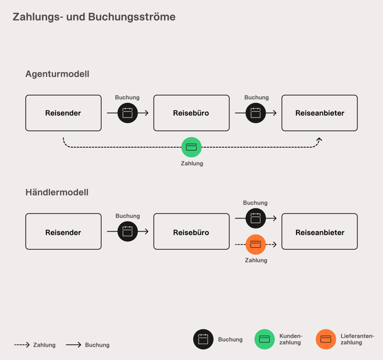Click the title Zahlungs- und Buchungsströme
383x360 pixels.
[x=94, y=17]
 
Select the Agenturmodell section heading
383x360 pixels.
[x=57, y=74]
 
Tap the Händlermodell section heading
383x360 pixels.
[x=57, y=192]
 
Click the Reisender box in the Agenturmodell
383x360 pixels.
[x=63, y=113]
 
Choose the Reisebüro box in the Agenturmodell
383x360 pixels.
[x=191, y=113]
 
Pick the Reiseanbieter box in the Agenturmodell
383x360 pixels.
[x=319, y=113]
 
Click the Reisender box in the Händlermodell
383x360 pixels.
[x=63, y=232]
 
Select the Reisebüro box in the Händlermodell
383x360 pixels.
[x=191, y=232]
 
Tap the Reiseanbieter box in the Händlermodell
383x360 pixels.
[x=319, y=232]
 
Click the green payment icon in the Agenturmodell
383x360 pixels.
[x=191, y=147]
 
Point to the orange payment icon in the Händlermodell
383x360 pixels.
[x=256, y=244]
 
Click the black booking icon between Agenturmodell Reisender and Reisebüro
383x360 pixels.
[x=127, y=113]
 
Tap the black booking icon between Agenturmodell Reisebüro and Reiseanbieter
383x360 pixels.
[x=256, y=113]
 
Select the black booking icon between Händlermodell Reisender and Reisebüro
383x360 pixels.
[x=127, y=231]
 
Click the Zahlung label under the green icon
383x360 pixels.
[x=192, y=164]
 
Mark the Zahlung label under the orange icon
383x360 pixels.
[x=256, y=260]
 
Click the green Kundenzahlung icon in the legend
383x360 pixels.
[x=264, y=339]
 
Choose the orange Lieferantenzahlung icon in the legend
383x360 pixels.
[x=326, y=339]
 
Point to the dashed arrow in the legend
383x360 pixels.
[x=22, y=345]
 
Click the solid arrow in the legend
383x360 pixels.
[x=74, y=345]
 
